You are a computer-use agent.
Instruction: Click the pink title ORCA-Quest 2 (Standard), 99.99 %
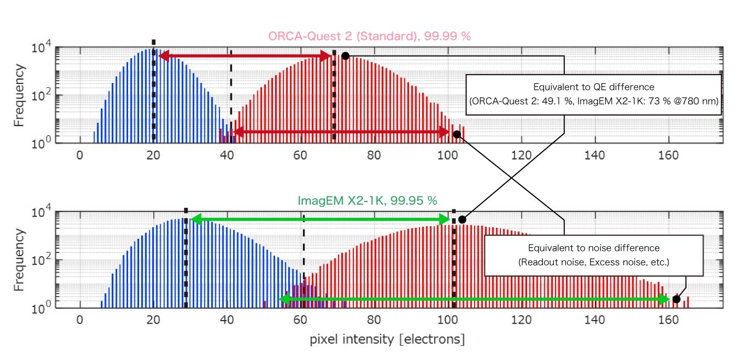click(370, 36)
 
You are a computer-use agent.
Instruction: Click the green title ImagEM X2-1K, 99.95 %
click(367, 200)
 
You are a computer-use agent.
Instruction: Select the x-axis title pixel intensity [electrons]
click(387, 340)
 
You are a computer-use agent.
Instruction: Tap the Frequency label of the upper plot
click(19, 96)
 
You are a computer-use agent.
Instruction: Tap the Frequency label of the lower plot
click(19, 260)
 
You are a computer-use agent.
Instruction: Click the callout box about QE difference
click(593, 94)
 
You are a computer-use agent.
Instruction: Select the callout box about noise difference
click(593, 255)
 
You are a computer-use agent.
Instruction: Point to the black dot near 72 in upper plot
click(345, 56)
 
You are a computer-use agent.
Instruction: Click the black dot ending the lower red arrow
click(457, 134)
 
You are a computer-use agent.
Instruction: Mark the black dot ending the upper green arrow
click(462, 219)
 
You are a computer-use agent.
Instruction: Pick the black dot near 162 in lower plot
click(676, 299)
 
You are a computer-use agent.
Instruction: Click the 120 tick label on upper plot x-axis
click(521, 155)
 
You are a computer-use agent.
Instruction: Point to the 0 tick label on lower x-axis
click(79, 320)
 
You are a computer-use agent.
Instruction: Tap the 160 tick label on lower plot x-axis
click(669, 320)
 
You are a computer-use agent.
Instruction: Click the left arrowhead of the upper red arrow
click(163, 56)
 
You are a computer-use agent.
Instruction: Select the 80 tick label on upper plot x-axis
click(374, 155)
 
